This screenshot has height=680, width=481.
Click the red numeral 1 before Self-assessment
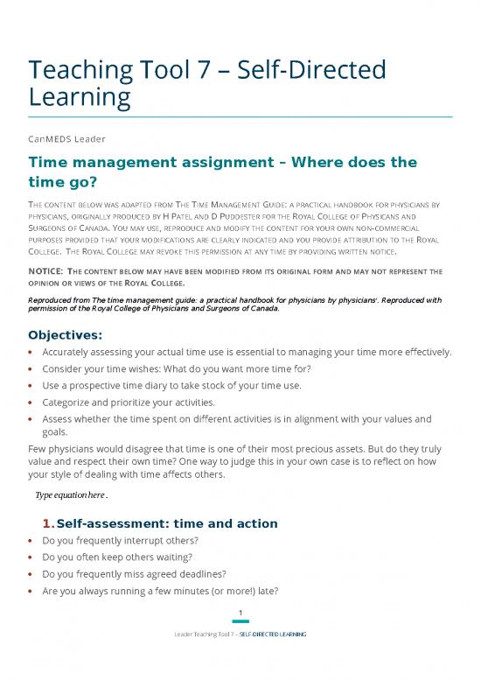coord(46,523)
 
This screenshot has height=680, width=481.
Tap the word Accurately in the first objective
coord(72,353)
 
